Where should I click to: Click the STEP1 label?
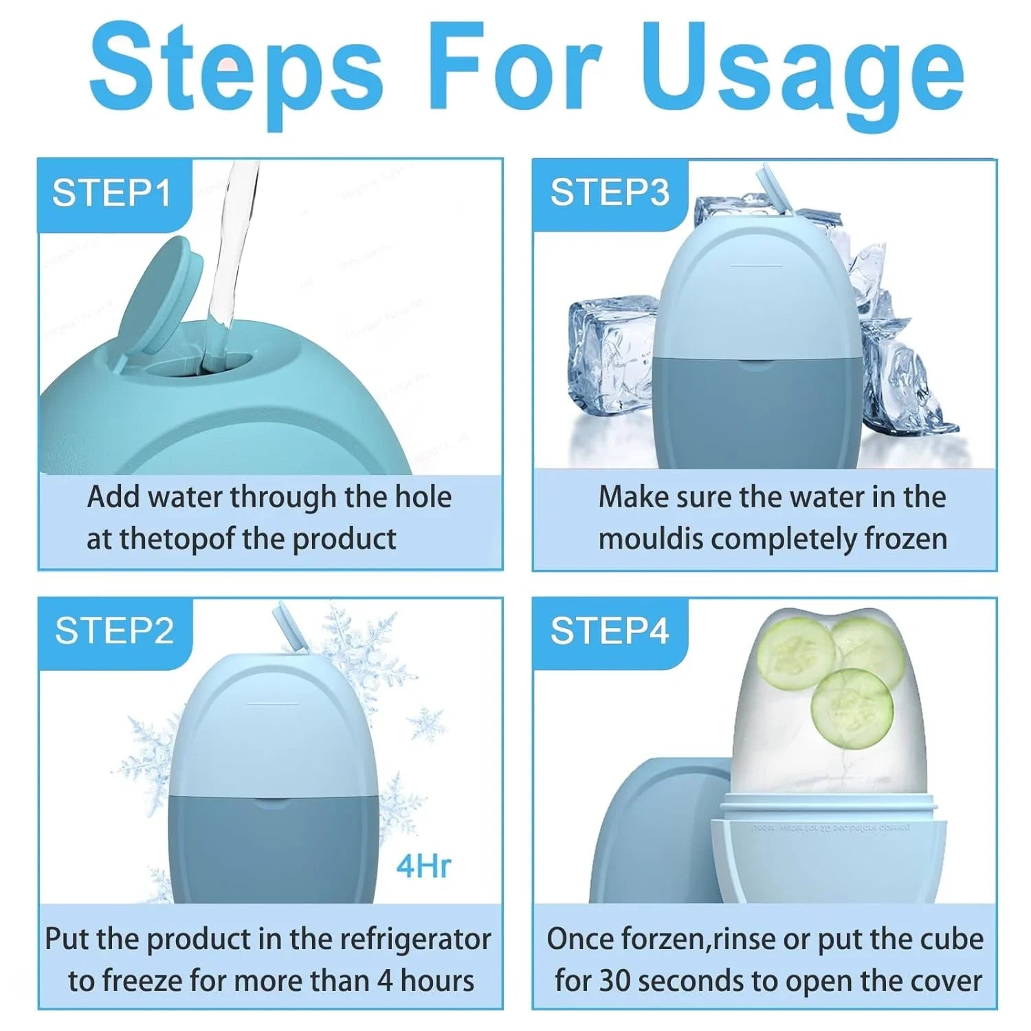pos(111,193)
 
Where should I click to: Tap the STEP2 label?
pos(114,631)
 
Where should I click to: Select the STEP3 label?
pos(609,193)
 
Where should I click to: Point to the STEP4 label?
pos(609,631)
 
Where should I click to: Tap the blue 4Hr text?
pos(423,867)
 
